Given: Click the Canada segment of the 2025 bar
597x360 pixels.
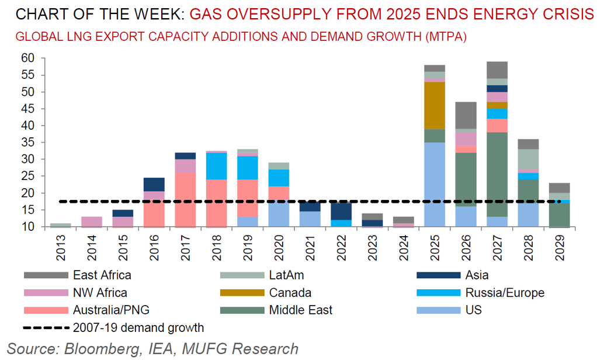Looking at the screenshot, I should tap(435, 105).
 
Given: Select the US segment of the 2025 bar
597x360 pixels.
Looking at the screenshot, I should tap(435, 181).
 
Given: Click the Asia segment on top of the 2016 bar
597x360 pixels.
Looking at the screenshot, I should tap(154, 184).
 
